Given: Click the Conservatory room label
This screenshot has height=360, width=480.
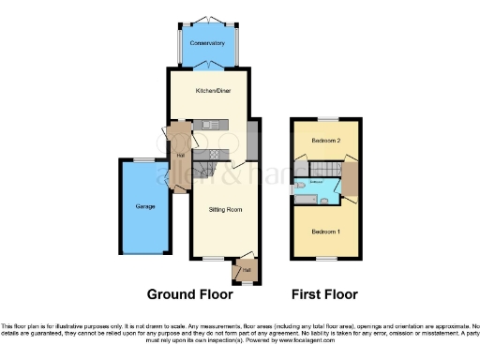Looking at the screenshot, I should click(x=207, y=43).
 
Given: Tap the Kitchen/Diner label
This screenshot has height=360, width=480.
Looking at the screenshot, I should click(x=207, y=91).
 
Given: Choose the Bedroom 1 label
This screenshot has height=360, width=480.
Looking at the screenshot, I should click(x=324, y=231).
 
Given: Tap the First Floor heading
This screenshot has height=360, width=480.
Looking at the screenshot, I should click(x=324, y=293).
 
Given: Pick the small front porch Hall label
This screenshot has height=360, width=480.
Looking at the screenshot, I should click(x=247, y=270).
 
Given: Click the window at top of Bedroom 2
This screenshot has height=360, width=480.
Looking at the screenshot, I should click(x=324, y=120).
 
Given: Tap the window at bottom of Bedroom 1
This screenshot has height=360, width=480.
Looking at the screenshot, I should click(x=324, y=258).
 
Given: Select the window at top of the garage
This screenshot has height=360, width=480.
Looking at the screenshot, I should click(x=143, y=160).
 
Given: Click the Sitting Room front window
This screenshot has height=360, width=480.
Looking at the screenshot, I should click(x=214, y=258).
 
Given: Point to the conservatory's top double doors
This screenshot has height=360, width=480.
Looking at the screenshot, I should click(x=207, y=19).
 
